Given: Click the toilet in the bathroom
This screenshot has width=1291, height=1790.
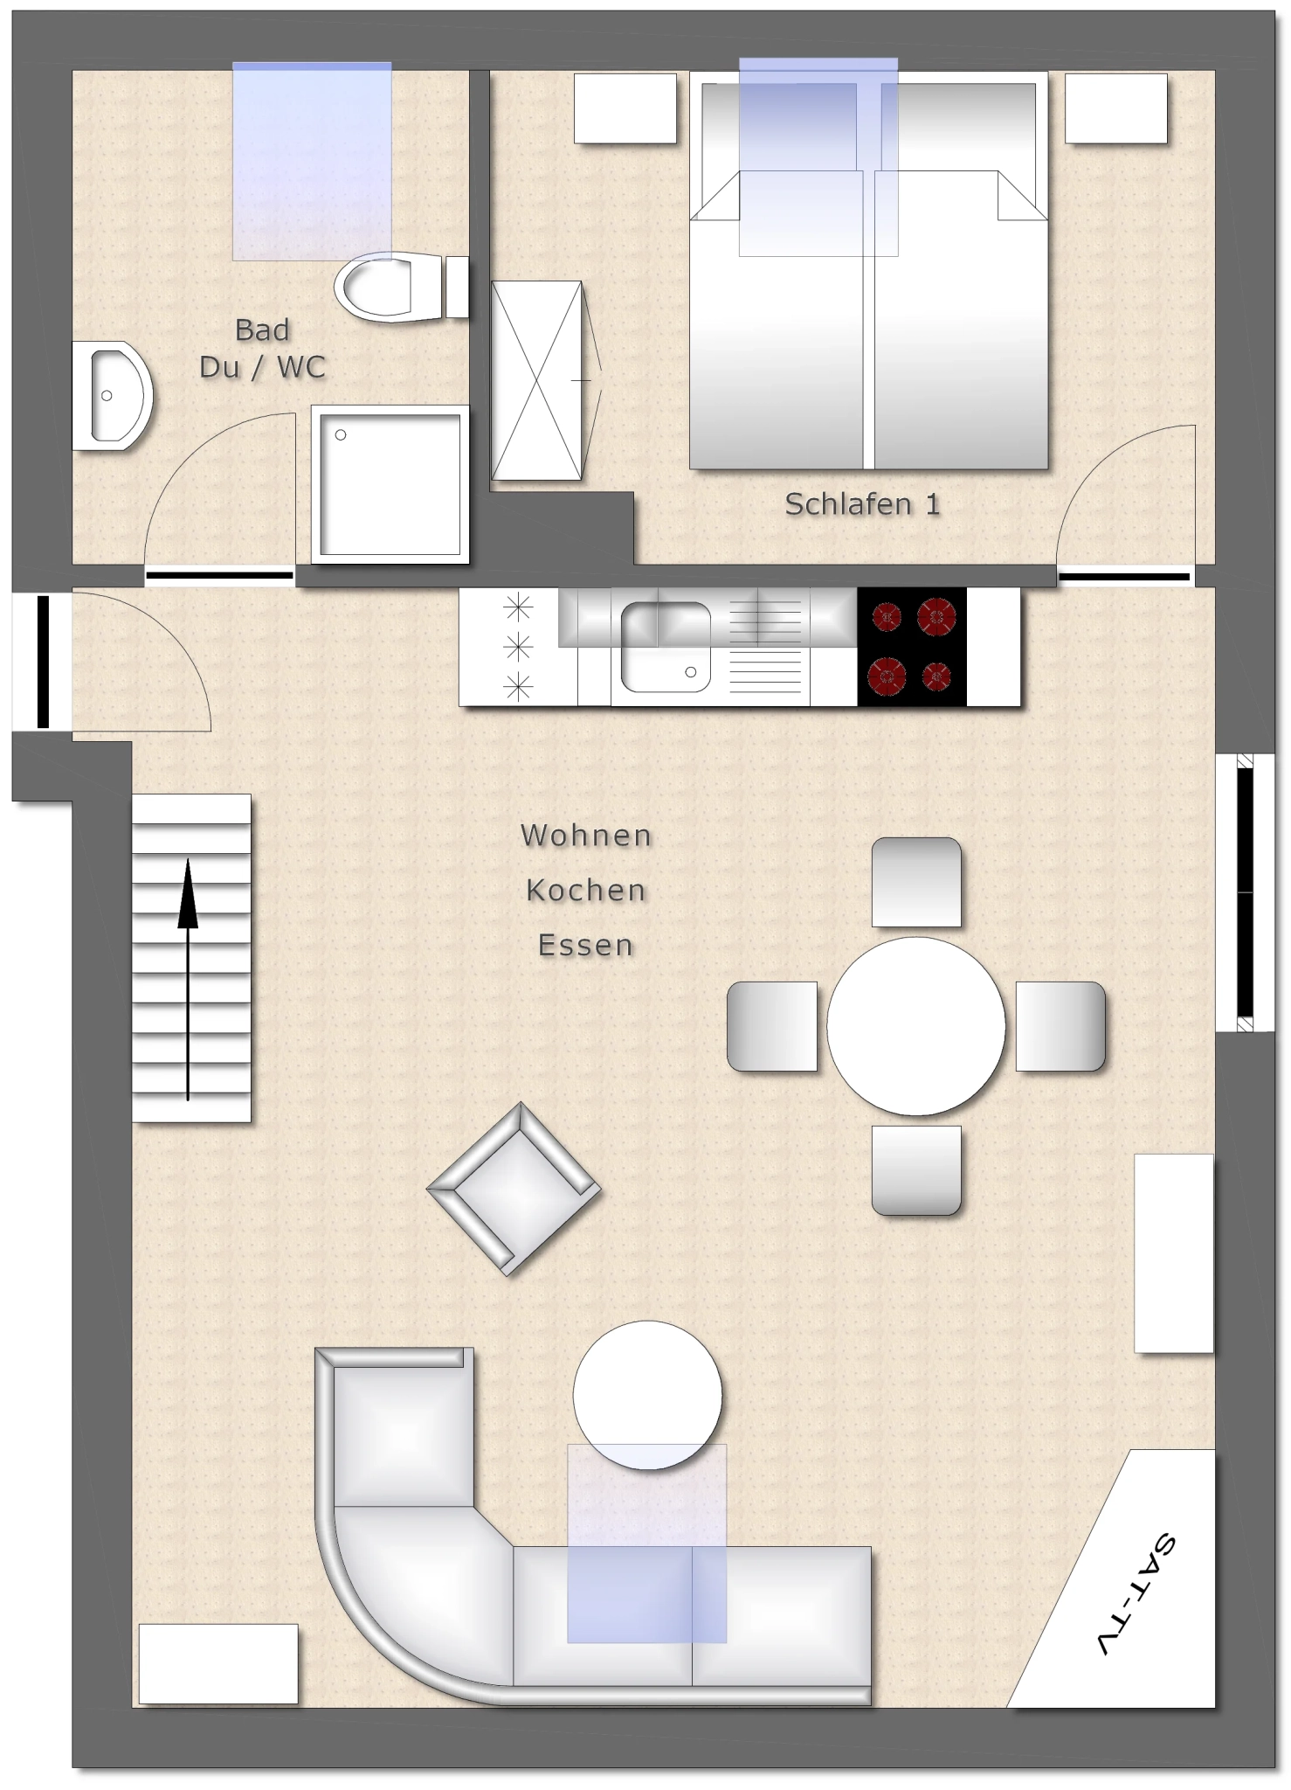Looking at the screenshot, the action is click(x=401, y=287).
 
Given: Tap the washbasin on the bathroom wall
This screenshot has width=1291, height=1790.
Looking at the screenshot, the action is click(x=112, y=396).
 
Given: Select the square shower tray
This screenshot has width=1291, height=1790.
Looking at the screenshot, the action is click(x=390, y=484).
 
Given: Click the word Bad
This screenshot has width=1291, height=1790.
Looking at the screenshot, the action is click(x=262, y=330).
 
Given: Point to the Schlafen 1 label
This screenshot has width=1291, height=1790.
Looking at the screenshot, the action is click(x=862, y=504).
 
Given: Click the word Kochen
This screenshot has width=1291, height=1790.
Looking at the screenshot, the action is click(x=586, y=891).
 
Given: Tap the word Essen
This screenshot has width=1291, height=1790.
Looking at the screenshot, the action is click(x=586, y=946).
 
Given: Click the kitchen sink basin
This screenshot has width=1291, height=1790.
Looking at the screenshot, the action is click(x=666, y=647).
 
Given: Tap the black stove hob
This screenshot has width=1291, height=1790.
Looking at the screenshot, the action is click(x=912, y=647).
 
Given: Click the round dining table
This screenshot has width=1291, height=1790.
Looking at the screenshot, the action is click(x=916, y=1026).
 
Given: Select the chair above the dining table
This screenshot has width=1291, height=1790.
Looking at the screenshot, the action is click(x=916, y=882).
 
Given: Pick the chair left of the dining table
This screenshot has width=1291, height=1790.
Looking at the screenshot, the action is click(x=772, y=1026).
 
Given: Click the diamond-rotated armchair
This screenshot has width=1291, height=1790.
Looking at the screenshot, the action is click(x=514, y=1189).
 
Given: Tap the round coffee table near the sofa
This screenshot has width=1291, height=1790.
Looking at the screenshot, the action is click(x=647, y=1395).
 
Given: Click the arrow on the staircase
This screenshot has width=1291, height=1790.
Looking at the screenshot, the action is click(x=188, y=979).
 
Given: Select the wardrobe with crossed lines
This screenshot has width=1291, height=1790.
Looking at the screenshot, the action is click(x=537, y=380).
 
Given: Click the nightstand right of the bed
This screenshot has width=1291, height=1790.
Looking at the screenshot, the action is click(x=1115, y=108).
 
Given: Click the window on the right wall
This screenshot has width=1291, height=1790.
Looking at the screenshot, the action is click(x=1246, y=892).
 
